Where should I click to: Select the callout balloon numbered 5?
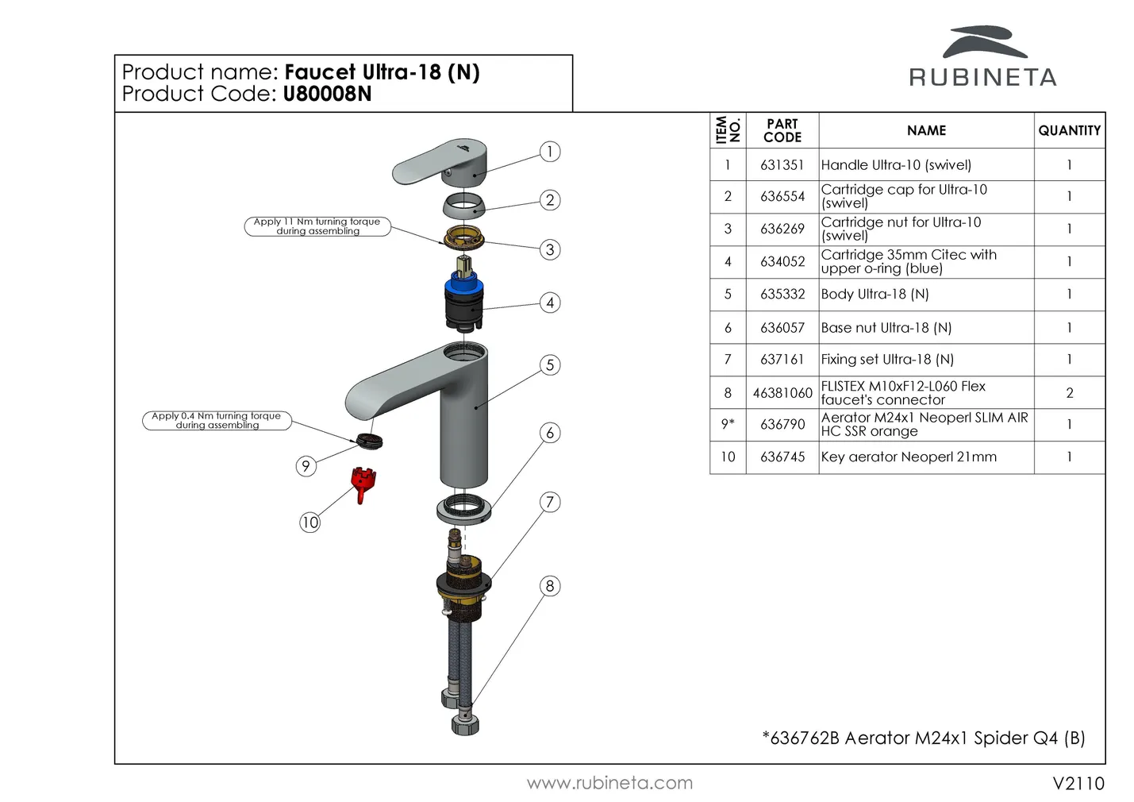tap(549, 365)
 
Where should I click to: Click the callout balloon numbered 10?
tap(309, 522)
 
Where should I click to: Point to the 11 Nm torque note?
tap(317, 226)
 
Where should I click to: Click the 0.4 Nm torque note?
tap(217, 420)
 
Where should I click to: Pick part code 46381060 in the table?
tap(782, 393)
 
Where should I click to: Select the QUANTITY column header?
tap(1069, 131)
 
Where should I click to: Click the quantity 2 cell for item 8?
tap(1069, 393)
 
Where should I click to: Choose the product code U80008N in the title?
tap(327, 94)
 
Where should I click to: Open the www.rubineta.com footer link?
tap(609, 783)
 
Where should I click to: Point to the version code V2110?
tap(1078, 784)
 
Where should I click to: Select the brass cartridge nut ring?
tap(464, 236)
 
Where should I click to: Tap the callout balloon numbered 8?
tap(549, 586)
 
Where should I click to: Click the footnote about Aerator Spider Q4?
tap(923, 738)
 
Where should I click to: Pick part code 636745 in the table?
tap(782, 457)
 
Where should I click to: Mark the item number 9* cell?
tap(727, 425)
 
